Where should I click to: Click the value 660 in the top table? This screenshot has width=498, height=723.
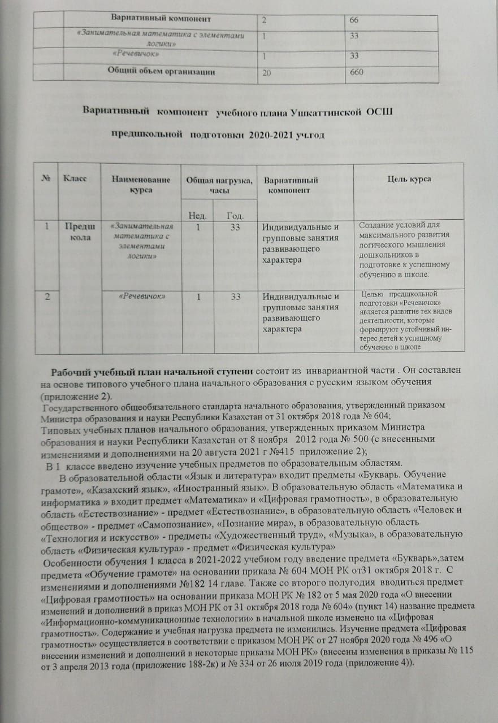tap(356, 73)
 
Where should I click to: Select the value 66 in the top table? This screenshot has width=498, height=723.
tap(354, 20)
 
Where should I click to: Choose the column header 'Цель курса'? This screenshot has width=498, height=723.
tap(409, 179)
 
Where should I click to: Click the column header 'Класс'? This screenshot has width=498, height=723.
tap(75, 179)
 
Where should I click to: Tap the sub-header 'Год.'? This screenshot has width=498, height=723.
tap(235, 215)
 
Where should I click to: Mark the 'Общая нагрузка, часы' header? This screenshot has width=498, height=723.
tap(218, 185)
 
